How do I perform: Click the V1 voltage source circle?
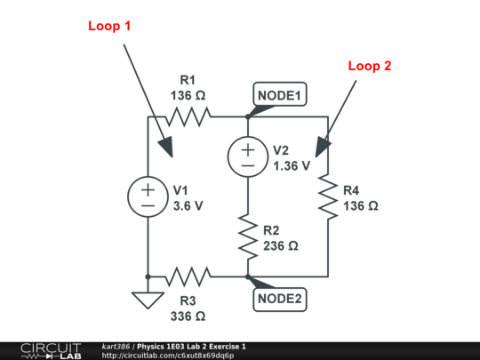148,196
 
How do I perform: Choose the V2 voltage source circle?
246,156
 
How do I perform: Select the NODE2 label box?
280,299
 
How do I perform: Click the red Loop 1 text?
109,26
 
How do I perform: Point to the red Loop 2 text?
369,65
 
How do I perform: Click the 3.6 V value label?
188,204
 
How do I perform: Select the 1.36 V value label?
292,164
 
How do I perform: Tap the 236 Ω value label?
281,244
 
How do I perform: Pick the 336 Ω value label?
188,315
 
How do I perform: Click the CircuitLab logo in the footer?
44,350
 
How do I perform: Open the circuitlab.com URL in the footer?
168,356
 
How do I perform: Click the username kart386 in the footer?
117,346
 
